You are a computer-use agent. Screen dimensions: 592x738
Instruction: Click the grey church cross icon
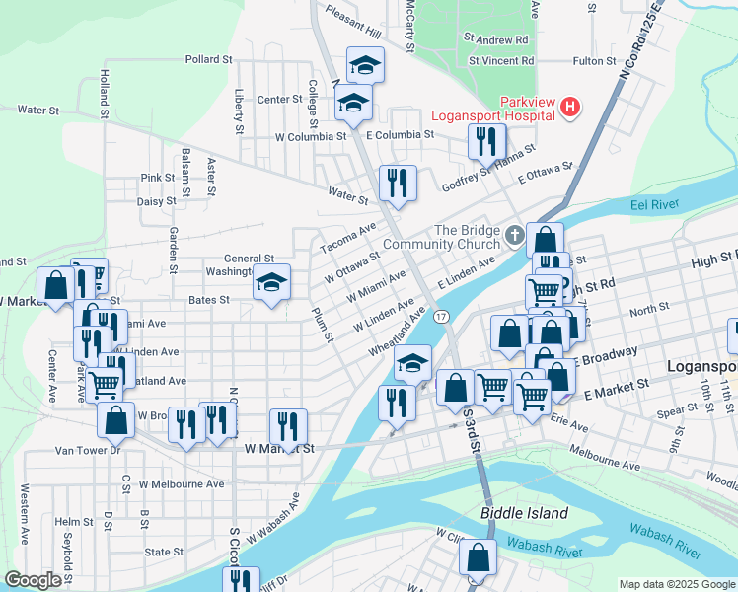point(514,236)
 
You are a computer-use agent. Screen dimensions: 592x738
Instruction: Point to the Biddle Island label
point(524,513)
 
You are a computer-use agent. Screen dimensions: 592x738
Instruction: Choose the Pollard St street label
point(207,60)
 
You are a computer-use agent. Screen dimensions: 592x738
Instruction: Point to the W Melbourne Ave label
point(182,484)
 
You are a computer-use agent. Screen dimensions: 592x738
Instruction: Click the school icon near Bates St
point(271,284)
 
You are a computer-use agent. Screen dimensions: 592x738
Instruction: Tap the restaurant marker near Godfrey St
point(486,143)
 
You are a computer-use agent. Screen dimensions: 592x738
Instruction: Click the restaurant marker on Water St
point(398,185)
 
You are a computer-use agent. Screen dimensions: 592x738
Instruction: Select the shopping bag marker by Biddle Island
point(479,558)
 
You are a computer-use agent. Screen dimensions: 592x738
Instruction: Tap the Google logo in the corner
point(33,580)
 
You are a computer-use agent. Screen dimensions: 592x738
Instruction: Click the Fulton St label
point(594,61)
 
